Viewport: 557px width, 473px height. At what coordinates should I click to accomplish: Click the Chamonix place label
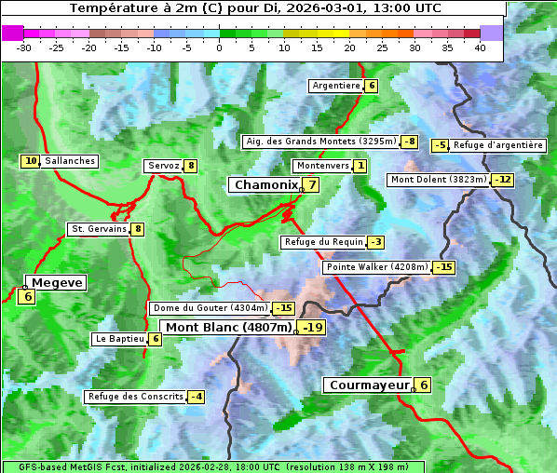click(265, 185)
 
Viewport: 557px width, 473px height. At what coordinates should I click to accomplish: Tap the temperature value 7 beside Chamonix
click(313, 184)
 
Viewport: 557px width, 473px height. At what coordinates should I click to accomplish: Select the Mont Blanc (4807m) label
click(228, 327)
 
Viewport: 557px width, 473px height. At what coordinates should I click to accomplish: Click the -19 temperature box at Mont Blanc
click(312, 327)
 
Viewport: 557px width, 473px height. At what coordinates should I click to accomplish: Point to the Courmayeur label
click(369, 385)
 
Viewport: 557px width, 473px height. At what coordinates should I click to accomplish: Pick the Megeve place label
click(56, 282)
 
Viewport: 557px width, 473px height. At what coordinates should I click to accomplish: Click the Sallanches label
click(69, 161)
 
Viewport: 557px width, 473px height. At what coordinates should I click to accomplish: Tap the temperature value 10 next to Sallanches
click(31, 161)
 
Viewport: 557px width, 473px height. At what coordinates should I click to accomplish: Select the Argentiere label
click(336, 86)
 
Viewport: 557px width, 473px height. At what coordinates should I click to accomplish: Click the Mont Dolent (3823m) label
click(439, 180)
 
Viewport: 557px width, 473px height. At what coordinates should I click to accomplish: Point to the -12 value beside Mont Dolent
click(503, 180)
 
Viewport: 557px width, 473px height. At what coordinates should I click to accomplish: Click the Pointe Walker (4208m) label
click(376, 267)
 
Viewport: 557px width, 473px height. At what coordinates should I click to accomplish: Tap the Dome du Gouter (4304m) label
click(210, 308)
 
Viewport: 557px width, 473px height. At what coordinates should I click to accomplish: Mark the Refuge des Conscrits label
click(135, 397)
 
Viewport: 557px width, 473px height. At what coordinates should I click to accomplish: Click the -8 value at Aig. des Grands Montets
click(410, 142)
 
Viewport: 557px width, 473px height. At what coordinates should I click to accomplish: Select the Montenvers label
click(322, 166)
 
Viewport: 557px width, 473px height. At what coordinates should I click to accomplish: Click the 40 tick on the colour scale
click(480, 47)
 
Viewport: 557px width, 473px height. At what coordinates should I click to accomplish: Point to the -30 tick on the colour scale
click(24, 47)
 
